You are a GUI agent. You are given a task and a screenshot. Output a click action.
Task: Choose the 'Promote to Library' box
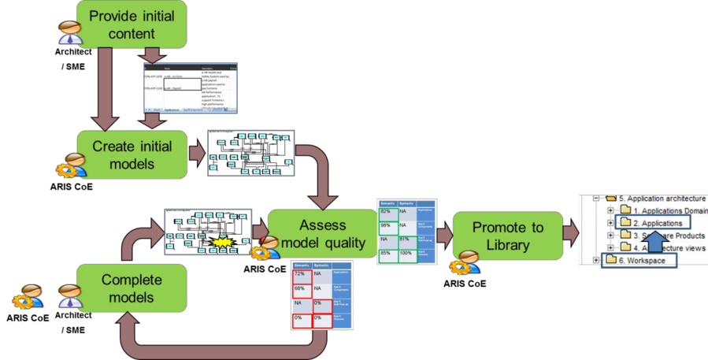[x=508, y=236]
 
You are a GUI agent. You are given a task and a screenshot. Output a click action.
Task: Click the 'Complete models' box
[x=132, y=288]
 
